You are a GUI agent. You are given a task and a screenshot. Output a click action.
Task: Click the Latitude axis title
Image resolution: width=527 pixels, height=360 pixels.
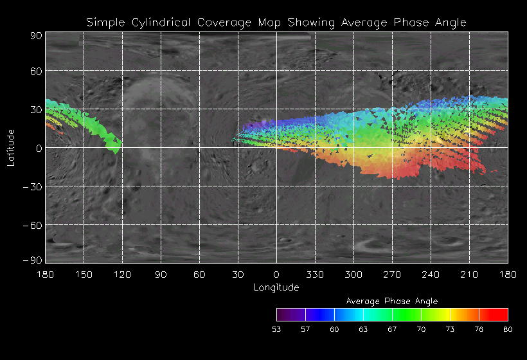(x=11, y=147)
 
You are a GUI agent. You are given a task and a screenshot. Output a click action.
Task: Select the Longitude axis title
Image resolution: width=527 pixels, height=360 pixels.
(x=276, y=287)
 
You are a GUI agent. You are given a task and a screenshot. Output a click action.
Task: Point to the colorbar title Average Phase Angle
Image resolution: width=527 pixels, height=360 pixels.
(x=392, y=301)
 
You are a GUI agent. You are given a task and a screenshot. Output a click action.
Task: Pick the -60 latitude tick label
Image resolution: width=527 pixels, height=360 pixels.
(x=33, y=225)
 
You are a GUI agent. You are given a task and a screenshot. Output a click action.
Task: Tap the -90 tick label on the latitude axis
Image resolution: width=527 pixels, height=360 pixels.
(x=33, y=260)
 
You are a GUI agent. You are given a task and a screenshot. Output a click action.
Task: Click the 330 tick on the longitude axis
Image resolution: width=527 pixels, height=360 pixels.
(x=315, y=274)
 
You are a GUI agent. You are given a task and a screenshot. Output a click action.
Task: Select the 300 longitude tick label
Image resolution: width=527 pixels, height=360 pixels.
(x=353, y=274)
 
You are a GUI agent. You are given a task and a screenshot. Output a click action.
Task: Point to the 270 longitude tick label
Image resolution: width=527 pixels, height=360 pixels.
(x=392, y=274)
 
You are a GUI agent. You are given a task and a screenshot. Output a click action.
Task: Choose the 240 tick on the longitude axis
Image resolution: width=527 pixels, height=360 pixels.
(x=431, y=274)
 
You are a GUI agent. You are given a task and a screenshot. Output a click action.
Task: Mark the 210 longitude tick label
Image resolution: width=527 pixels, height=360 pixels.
(x=469, y=274)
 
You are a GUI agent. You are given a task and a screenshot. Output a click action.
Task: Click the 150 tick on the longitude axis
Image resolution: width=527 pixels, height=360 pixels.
(x=84, y=274)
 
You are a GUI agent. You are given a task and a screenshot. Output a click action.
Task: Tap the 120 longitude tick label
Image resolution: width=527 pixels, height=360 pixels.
(x=122, y=274)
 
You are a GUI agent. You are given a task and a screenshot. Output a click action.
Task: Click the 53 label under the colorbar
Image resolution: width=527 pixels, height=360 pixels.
(x=276, y=329)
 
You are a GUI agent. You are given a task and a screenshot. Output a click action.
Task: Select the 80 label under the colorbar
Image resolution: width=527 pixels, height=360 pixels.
(x=508, y=329)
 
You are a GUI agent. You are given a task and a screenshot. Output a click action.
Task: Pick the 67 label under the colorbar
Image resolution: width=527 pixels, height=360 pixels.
(x=392, y=329)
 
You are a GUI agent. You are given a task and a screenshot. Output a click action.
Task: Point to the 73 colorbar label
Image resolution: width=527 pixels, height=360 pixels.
(x=450, y=329)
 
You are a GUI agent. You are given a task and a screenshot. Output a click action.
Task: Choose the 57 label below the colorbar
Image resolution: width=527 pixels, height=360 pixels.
(x=305, y=329)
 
